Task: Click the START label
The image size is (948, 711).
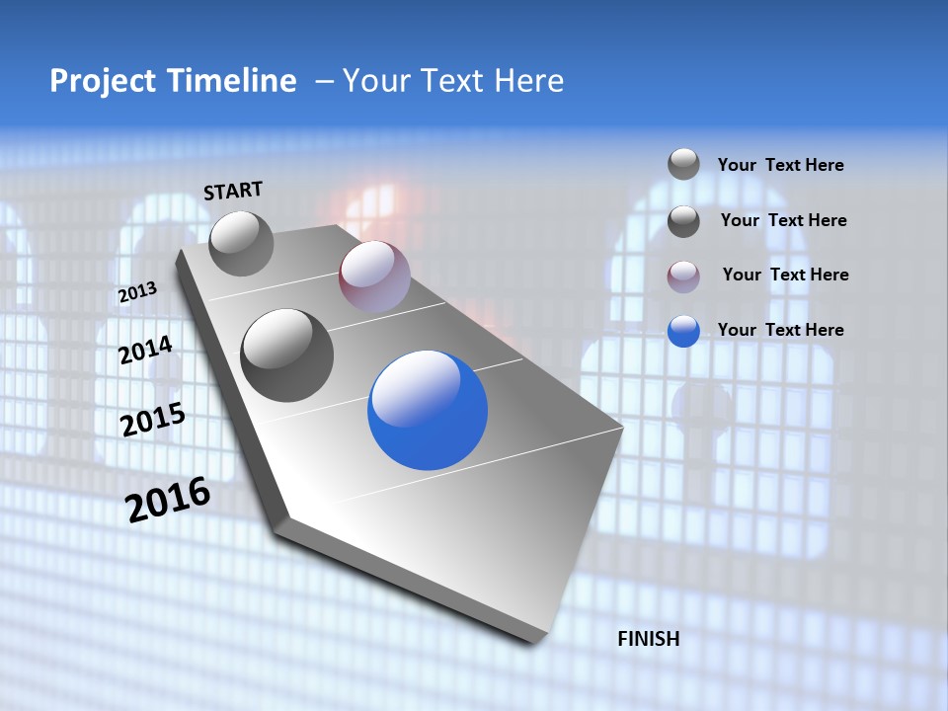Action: coord(233,191)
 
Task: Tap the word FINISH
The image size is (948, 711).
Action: coord(648,639)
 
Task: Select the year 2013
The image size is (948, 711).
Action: coord(137,292)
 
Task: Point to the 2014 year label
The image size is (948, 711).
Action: coord(145,351)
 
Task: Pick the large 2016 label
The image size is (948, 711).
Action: coord(168,500)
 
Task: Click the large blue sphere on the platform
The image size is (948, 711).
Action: coord(428,411)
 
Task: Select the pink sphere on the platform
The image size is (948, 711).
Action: coord(373,276)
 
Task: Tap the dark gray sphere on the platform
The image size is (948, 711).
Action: coord(286,355)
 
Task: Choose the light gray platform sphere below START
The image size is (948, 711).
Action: coord(241,243)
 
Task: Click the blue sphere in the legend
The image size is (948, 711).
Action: coord(683,331)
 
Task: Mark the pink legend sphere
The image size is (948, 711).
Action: coord(683,276)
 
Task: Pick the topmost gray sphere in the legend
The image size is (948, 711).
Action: coord(683,164)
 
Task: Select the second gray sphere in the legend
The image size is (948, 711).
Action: coord(683,221)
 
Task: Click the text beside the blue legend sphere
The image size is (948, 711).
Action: coord(780,330)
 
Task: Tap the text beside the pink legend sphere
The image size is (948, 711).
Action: coord(785,275)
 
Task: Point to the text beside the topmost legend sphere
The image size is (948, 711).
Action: coord(780,165)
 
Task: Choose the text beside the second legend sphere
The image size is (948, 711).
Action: coord(783,220)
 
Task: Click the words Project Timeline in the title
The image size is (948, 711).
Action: coord(173,81)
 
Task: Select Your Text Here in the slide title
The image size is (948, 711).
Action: coord(452,81)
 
